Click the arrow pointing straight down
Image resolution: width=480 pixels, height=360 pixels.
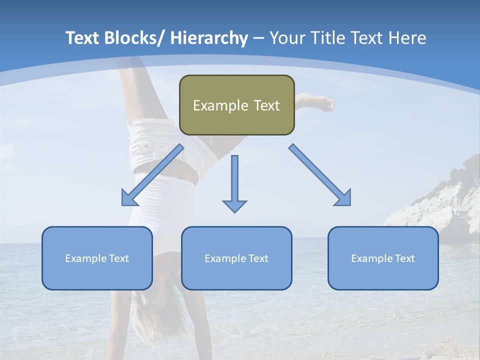[234, 185]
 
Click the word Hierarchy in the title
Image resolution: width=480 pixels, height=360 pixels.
[209, 38]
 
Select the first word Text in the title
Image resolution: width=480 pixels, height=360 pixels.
[83, 38]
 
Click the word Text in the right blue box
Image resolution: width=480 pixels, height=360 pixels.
[404, 258]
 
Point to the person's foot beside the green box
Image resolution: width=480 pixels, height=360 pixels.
[322, 103]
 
